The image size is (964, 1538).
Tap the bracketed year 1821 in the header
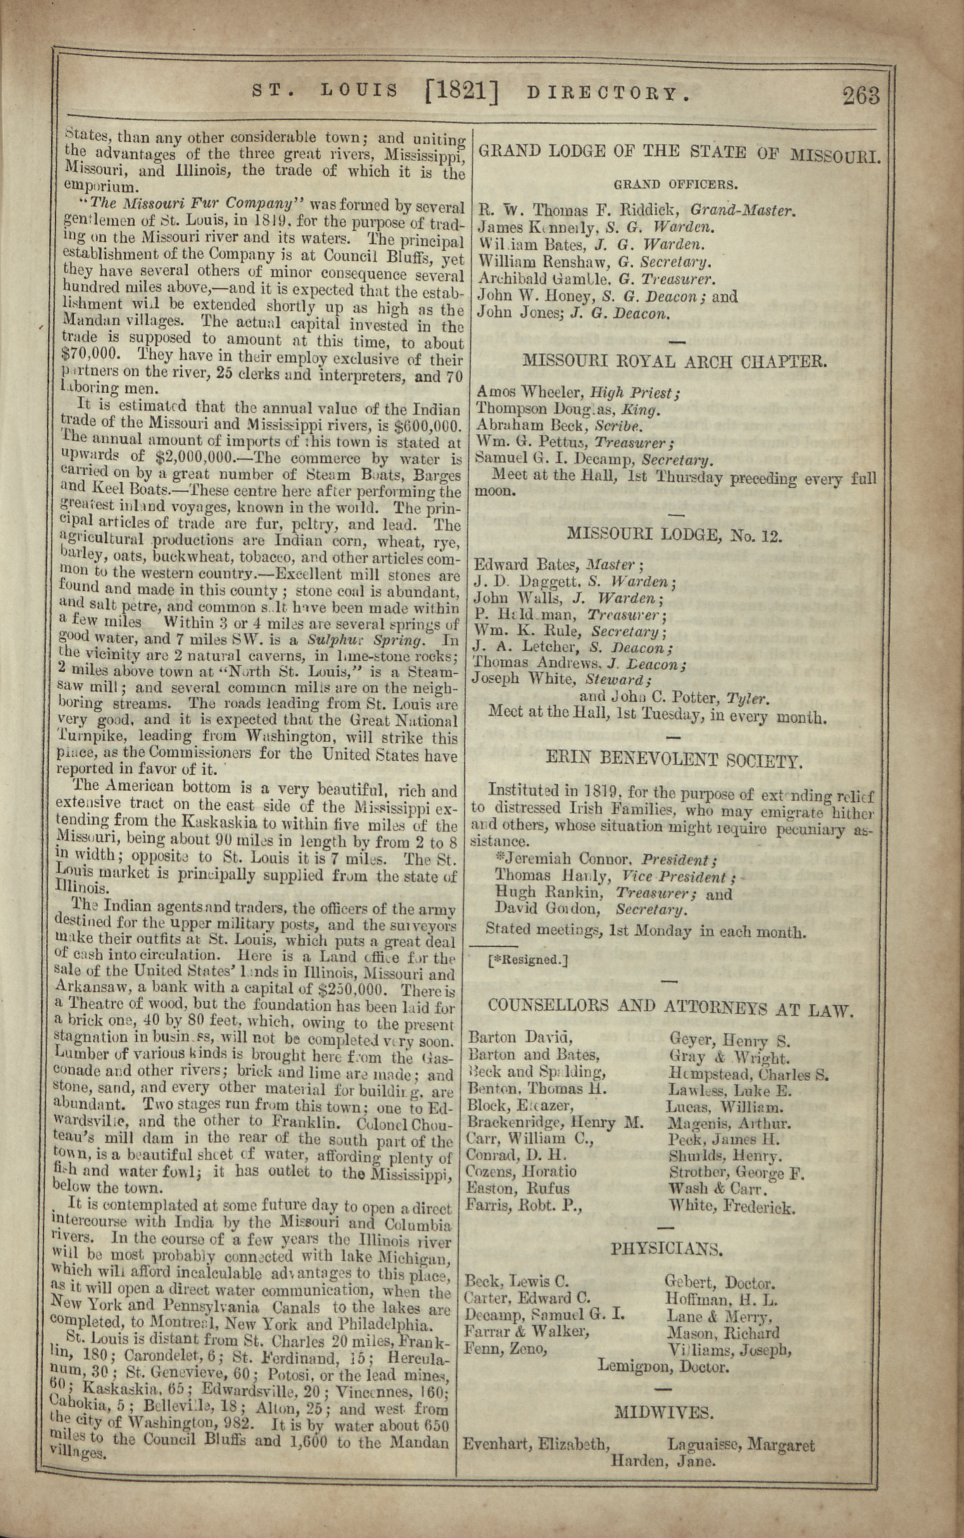pyautogui.click(x=461, y=92)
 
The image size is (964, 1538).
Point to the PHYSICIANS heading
pyautogui.click(x=667, y=1248)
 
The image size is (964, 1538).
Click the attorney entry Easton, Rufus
pyautogui.click(x=518, y=1188)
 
